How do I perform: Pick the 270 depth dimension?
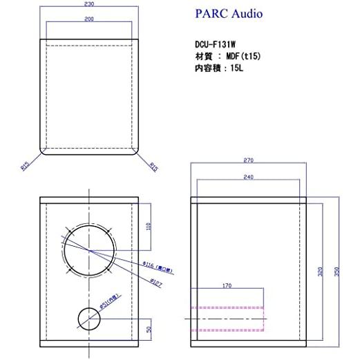(x=249, y=161)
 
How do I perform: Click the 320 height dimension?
(x=320, y=271)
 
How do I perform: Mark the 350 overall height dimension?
(x=337, y=271)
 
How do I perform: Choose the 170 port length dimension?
(x=227, y=285)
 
